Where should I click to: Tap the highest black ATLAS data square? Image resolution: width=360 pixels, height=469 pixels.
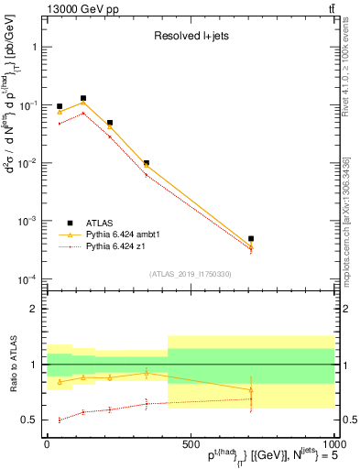pos(83,98)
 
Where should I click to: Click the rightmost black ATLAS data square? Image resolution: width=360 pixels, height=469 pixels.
pos(328,238)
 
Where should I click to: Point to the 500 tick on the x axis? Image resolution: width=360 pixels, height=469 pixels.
pos(190,442)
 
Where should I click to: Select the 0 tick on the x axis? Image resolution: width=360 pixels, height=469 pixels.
pos(47,442)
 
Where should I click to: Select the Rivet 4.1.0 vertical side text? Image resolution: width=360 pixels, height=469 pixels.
pos(345,69)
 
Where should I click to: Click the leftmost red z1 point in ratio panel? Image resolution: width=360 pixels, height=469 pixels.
pos(60,420)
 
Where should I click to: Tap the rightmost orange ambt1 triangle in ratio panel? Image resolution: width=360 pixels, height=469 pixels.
pos(328,390)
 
